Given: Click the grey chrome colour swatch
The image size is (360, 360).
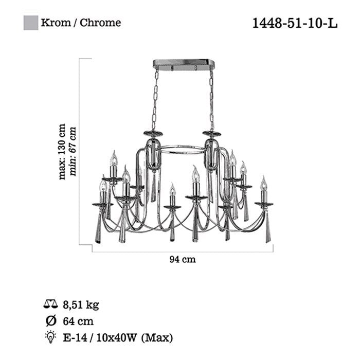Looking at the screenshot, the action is [x=31, y=23].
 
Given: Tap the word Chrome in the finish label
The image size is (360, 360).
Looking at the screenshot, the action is [x=100, y=23].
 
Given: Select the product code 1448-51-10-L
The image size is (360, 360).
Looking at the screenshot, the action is [x=295, y=23].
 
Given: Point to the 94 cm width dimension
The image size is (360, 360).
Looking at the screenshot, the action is [x=183, y=259].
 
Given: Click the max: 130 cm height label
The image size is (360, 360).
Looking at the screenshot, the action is [x=62, y=152].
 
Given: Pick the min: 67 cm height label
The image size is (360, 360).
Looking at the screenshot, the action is [x=73, y=151].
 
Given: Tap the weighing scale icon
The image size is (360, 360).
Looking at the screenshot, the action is [x=50, y=304].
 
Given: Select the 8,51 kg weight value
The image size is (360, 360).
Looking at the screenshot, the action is [x=81, y=305].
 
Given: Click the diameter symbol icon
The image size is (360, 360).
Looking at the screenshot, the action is [x=51, y=320].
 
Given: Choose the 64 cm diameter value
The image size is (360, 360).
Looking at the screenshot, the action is [x=78, y=321].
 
